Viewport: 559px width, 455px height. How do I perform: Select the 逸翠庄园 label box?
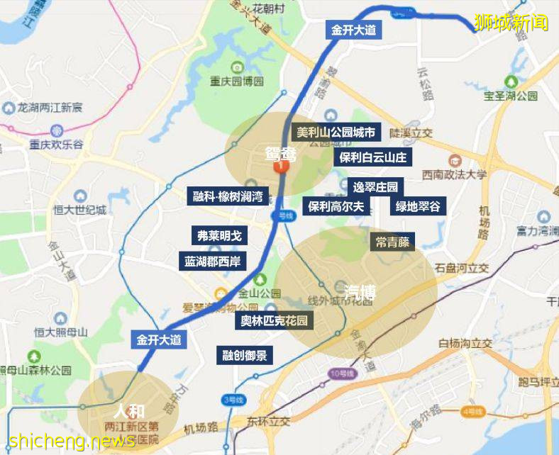(376, 187)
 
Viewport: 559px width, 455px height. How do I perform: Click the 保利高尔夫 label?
(336, 206)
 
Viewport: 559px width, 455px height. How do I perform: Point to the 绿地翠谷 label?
(418, 206)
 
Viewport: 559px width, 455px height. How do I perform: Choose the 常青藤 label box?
(392, 242)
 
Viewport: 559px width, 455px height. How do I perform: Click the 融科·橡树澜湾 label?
(228, 196)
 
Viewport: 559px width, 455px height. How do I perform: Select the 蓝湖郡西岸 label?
(213, 261)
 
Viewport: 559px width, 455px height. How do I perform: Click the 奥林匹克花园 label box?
(274, 320)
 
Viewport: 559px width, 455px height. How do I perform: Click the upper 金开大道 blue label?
(353, 30)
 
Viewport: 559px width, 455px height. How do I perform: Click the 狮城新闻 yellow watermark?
(511, 22)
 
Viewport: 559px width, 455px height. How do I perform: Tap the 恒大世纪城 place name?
(79, 210)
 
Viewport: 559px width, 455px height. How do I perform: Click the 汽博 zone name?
(360, 291)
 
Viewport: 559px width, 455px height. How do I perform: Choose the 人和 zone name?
(128, 410)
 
